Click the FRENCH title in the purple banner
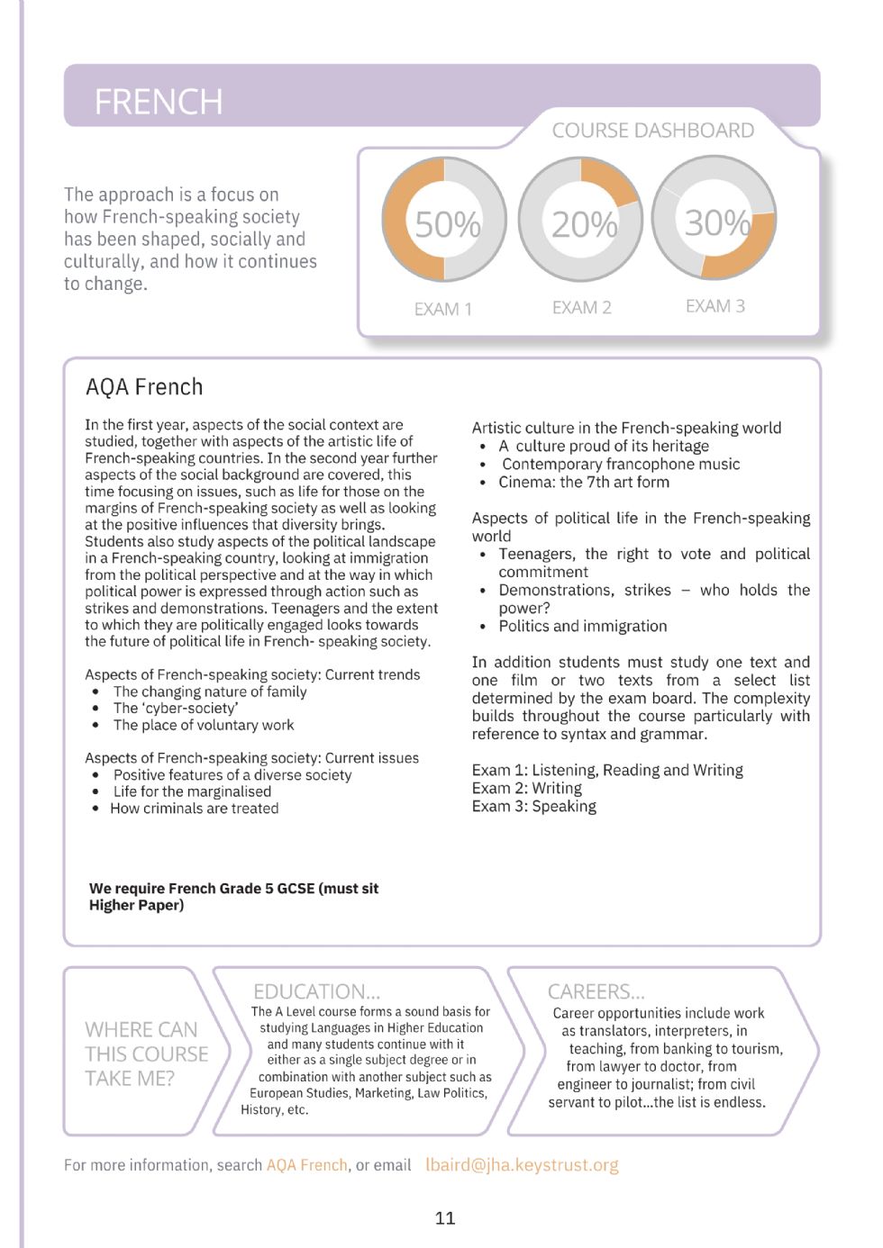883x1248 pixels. [x=159, y=102]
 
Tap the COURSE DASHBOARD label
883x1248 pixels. [x=652, y=131]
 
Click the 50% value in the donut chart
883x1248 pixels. [x=446, y=224]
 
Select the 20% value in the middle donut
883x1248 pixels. [x=584, y=224]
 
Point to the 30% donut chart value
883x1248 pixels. [x=716, y=222]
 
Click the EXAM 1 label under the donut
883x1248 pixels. [x=442, y=309]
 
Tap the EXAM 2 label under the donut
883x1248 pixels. [x=581, y=308]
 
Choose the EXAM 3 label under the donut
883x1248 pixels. [x=715, y=306]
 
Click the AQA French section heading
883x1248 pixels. [x=144, y=387]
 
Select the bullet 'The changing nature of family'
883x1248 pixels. [x=210, y=692]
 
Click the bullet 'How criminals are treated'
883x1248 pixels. [x=195, y=809]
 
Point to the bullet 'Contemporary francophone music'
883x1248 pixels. [x=621, y=464]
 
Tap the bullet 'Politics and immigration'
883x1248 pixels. [x=583, y=626]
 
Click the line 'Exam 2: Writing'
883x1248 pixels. [x=527, y=788]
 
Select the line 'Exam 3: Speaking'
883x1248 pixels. [x=534, y=806]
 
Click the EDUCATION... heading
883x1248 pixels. [x=316, y=991]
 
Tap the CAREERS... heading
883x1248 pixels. [x=596, y=991]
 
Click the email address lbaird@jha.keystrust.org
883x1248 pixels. [x=522, y=1164]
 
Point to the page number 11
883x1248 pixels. [x=445, y=1218]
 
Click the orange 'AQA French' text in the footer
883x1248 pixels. [x=306, y=1165]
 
